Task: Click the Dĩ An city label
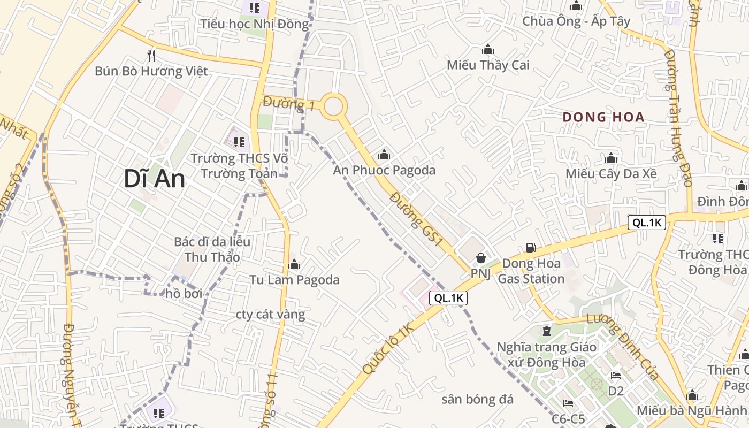154,179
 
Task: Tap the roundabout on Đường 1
333,106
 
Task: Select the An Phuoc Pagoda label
384,170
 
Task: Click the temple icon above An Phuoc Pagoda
384,156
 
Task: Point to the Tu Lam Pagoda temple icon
294,265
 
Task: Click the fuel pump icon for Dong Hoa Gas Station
531,247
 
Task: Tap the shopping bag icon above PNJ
481,258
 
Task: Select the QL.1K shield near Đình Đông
646,223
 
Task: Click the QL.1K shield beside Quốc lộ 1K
448,299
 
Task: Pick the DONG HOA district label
603,117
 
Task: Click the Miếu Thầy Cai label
488,65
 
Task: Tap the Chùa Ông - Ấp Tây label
576,21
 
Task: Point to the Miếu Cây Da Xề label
611,174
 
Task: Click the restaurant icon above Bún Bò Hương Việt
151,55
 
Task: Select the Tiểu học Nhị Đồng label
255,24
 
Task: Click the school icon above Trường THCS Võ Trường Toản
239,142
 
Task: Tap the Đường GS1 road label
416,219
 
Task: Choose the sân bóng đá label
477,399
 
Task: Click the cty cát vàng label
270,314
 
